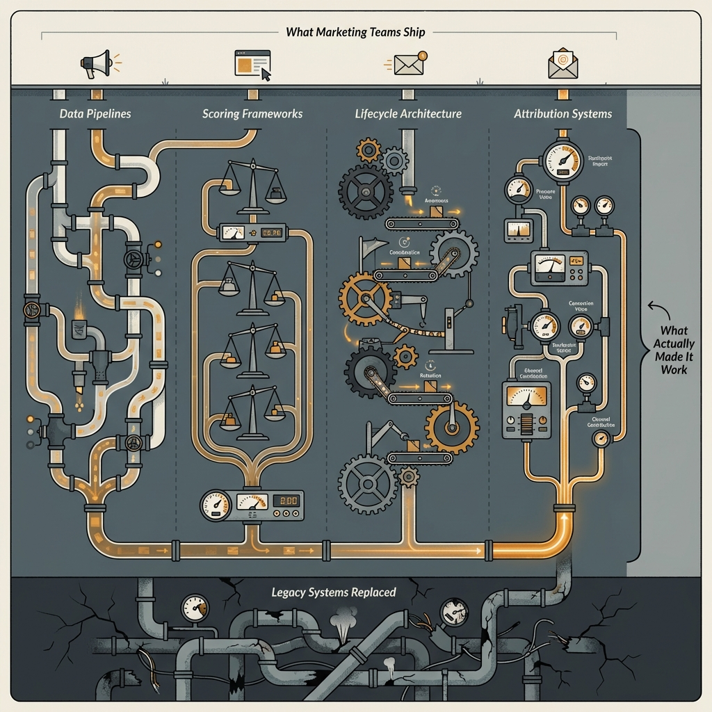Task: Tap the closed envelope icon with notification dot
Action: (409, 63)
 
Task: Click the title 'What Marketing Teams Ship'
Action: (355, 32)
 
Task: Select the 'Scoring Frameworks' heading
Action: (252, 113)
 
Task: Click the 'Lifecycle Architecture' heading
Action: (407, 113)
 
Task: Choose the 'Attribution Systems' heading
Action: (563, 113)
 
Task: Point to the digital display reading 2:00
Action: (287, 501)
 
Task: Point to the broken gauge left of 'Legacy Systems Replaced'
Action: (195, 607)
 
